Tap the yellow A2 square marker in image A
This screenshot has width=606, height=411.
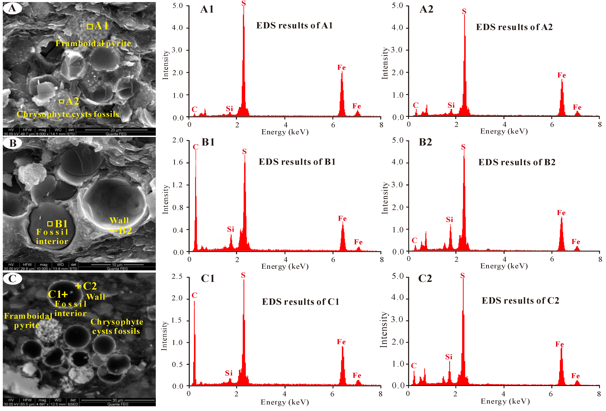[61, 101]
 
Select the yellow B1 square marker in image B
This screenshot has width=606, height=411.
[50, 224]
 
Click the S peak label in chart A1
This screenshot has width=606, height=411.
[244, 3]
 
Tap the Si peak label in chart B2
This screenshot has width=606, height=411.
[449, 220]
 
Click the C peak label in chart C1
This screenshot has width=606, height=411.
[194, 295]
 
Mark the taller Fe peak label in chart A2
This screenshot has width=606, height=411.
[561, 75]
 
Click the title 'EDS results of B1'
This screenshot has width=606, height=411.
[297, 162]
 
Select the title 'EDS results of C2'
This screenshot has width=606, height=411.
[520, 301]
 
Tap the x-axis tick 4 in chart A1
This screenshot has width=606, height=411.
[286, 125]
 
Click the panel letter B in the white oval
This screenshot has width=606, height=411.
[13, 143]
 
